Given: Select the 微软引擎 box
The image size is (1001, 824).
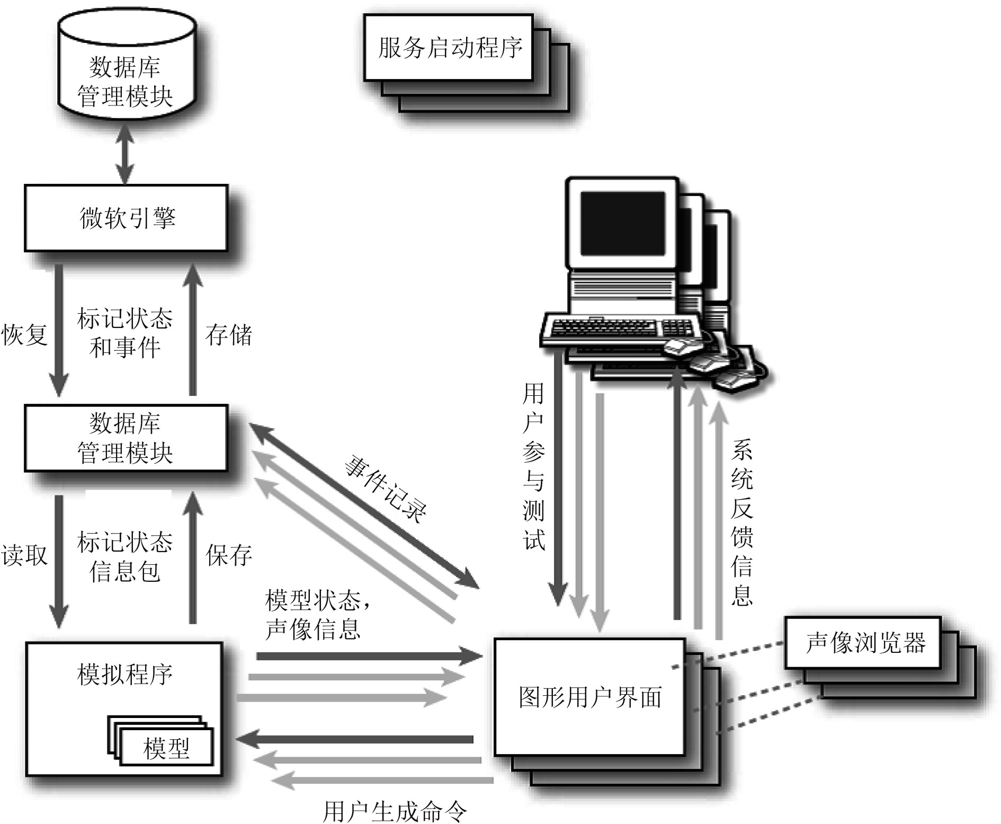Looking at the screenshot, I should [x=126, y=218].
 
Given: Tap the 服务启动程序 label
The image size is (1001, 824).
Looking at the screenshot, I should [x=450, y=48].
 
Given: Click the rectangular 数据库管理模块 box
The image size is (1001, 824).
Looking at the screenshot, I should [x=126, y=438].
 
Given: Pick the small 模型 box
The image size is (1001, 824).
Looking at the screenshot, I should [x=166, y=748].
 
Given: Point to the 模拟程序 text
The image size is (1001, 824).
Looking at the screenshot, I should [x=125, y=675].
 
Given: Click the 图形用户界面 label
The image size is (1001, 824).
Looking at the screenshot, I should [x=590, y=697].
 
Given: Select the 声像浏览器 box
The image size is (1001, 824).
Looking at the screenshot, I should [x=864, y=643].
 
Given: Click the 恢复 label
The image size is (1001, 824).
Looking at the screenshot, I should [x=24, y=335].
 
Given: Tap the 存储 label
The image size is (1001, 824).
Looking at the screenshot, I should [x=228, y=335].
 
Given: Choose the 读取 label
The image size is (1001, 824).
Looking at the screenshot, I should [x=24, y=555].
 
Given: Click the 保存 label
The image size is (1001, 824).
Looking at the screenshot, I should [x=228, y=555].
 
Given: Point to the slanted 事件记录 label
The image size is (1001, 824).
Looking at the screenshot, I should [x=385, y=489].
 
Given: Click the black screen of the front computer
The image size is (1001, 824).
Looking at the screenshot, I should [x=622, y=224].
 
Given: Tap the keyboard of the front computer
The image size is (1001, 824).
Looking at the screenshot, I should [x=604, y=328].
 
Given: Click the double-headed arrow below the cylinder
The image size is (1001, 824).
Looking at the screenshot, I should [x=125, y=154].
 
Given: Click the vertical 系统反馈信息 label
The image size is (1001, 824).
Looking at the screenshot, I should [x=741, y=522].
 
